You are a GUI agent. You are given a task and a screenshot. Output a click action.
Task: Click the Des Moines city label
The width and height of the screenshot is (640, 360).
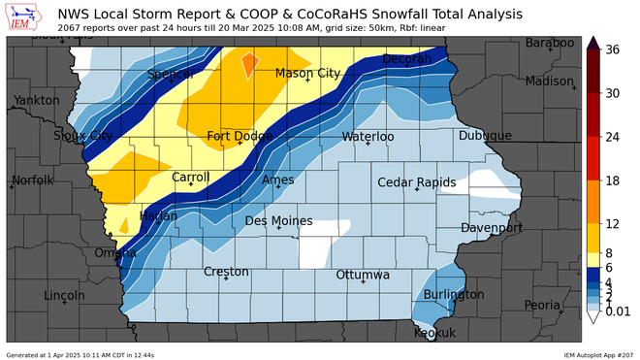pyautogui.click(x=278, y=221)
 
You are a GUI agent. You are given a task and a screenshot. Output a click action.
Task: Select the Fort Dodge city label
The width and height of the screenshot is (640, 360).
pyautogui.click(x=239, y=137)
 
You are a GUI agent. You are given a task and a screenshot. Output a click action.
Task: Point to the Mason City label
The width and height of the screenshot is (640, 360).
pyautogui.click(x=307, y=74)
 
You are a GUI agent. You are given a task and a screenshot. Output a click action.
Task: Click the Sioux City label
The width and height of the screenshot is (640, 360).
pyautogui.click(x=82, y=135)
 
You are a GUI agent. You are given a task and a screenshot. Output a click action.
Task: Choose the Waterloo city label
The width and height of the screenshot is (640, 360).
pyautogui.click(x=368, y=137)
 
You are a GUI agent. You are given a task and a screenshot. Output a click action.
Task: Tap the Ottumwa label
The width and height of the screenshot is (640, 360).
pyautogui.click(x=362, y=276)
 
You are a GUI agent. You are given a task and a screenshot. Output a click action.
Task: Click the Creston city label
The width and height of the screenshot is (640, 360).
pyautogui.click(x=226, y=272)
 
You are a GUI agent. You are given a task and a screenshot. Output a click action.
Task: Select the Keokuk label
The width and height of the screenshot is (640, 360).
pyautogui.click(x=434, y=333)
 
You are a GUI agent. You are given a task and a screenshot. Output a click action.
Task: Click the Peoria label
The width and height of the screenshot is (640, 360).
pyautogui.click(x=542, y=305)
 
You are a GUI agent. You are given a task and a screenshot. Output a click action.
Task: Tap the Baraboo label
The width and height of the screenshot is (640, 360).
pyautogui.click(x=549, y=44)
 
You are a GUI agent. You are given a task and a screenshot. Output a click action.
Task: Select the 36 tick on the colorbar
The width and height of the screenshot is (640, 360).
pyautogui.click(x=613, y=49)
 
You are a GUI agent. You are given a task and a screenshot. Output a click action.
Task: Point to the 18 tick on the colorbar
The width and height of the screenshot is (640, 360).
pyautogui.click(x=613, y=181)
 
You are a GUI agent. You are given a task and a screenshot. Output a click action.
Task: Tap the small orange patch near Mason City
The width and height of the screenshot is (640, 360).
pyautogui.click(x=249, y=65)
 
